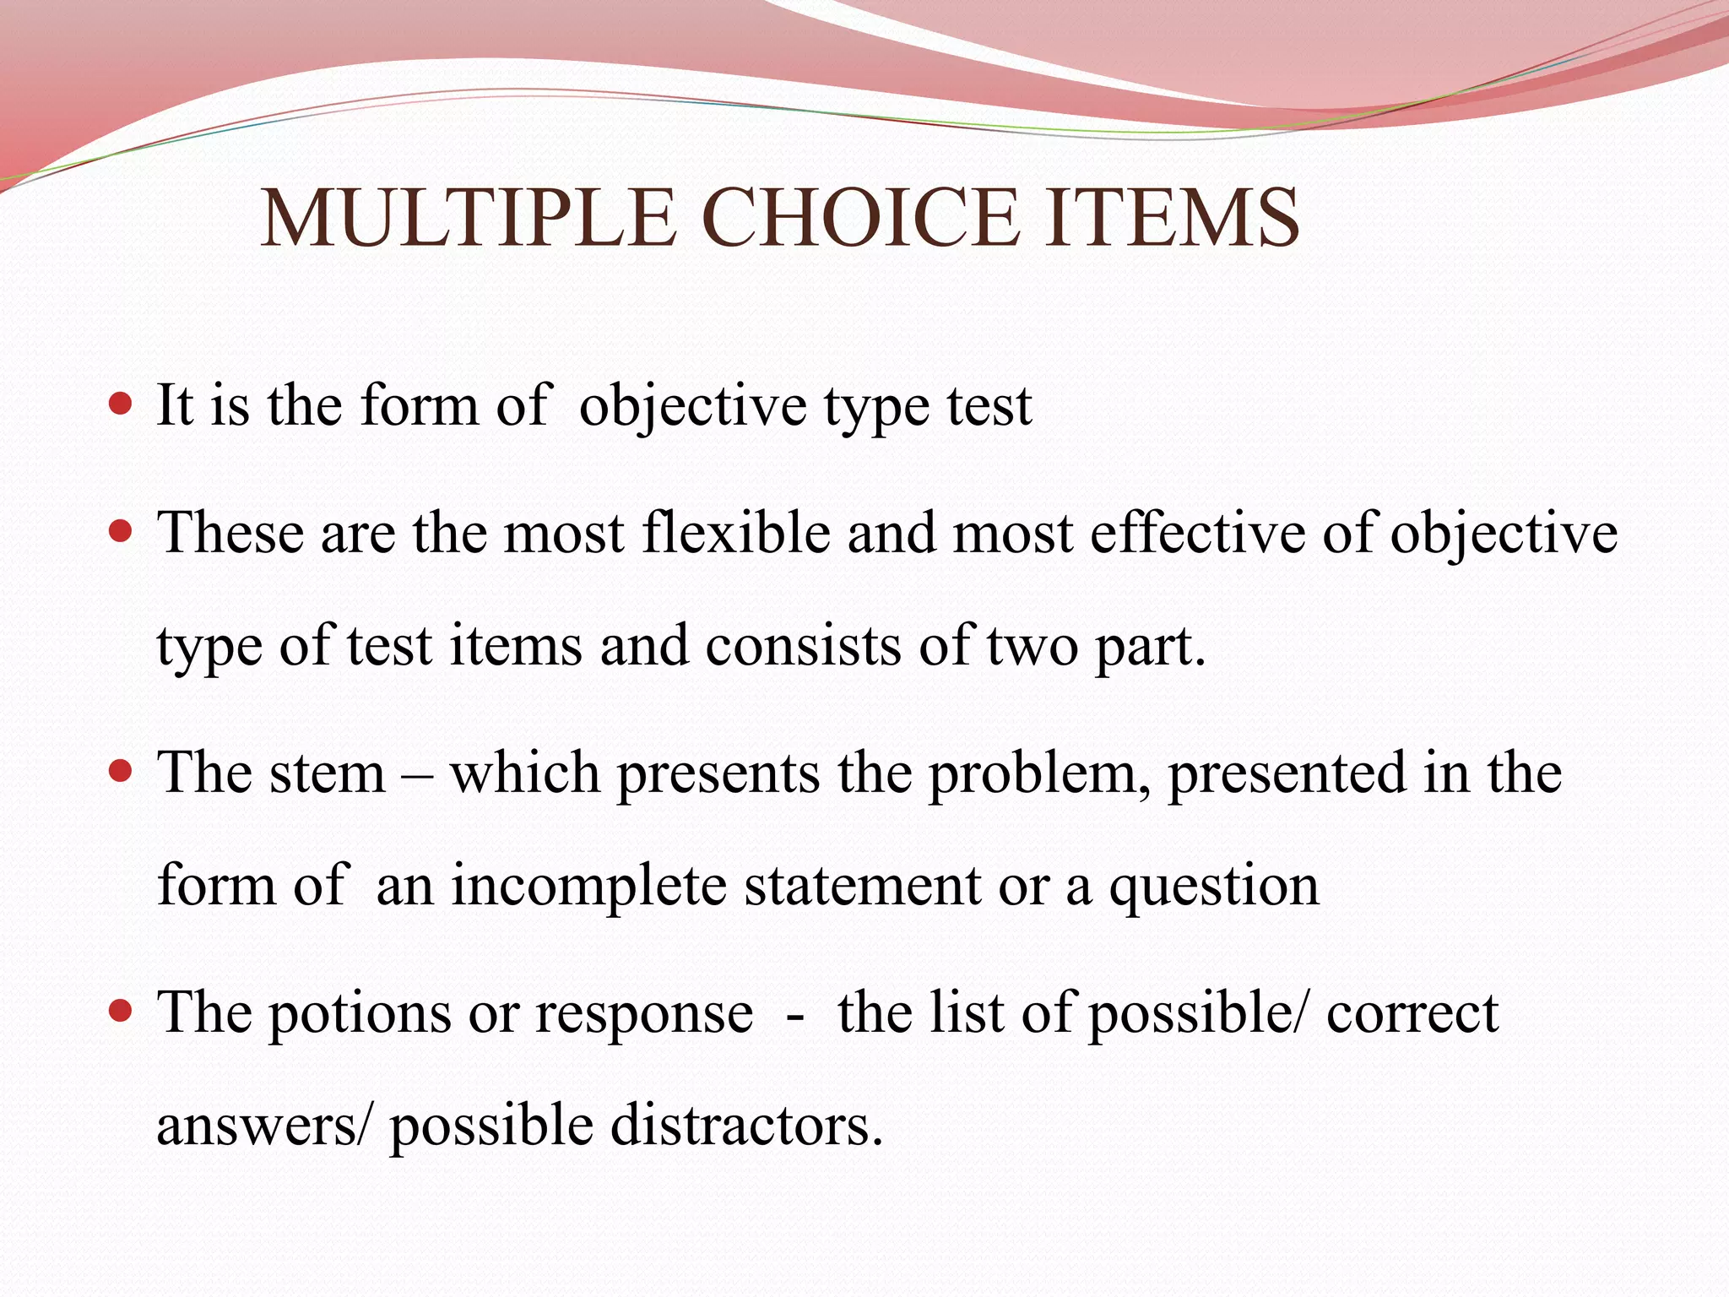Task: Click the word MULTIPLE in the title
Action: click(469, 218)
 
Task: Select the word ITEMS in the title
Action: click(1172, 218)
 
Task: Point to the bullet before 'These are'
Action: click(122, 531)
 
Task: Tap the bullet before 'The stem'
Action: click(122, 770)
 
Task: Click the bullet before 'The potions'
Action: click(122, 1010)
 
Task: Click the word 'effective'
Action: click(1197, 533)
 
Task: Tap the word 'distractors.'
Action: click(746, 1126)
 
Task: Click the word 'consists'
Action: click(803, 647)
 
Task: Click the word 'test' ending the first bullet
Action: click(989, 406)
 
